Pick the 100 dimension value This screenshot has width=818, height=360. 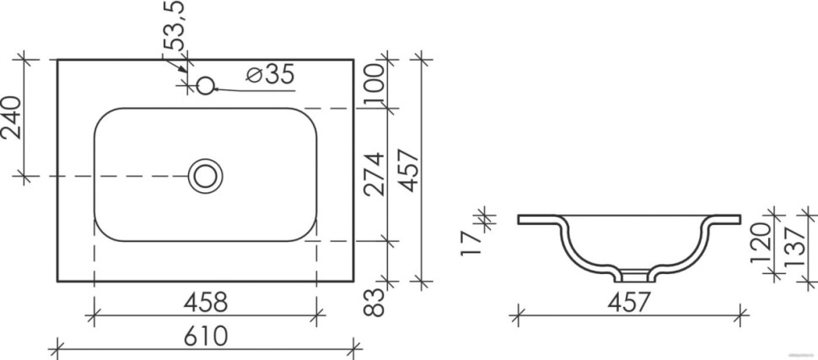tap(374, 84)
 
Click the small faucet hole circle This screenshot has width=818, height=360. tap(205, 85)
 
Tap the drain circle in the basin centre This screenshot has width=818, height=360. tap(205, 175)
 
